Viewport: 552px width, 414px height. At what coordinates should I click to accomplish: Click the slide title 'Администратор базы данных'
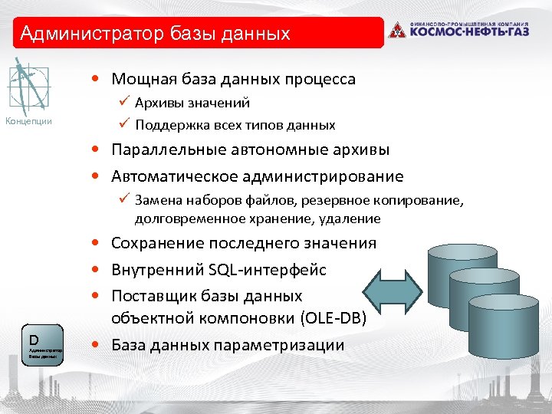click(x=156, y=34)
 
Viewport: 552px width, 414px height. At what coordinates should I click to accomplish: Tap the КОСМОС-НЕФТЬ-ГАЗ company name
click(x=469, y=32)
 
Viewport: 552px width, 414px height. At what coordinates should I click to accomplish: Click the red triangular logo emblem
click(x=396, y=30)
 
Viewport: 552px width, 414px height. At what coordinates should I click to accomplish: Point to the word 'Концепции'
click(x=29, y=121)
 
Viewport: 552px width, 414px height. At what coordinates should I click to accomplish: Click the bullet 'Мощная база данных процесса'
click(x=233, y=79)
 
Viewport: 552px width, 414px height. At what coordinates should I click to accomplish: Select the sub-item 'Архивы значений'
click(x=192, y=103)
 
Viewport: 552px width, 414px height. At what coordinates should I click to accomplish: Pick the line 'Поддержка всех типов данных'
click(x=235, y=124)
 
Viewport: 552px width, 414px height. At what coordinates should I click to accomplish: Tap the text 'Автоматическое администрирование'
click(x=257, y=176)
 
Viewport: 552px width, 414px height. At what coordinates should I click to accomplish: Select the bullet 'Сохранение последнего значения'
click(x=244, y=243)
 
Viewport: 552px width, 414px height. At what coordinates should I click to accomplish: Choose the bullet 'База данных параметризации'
click(x=228, y=345)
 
